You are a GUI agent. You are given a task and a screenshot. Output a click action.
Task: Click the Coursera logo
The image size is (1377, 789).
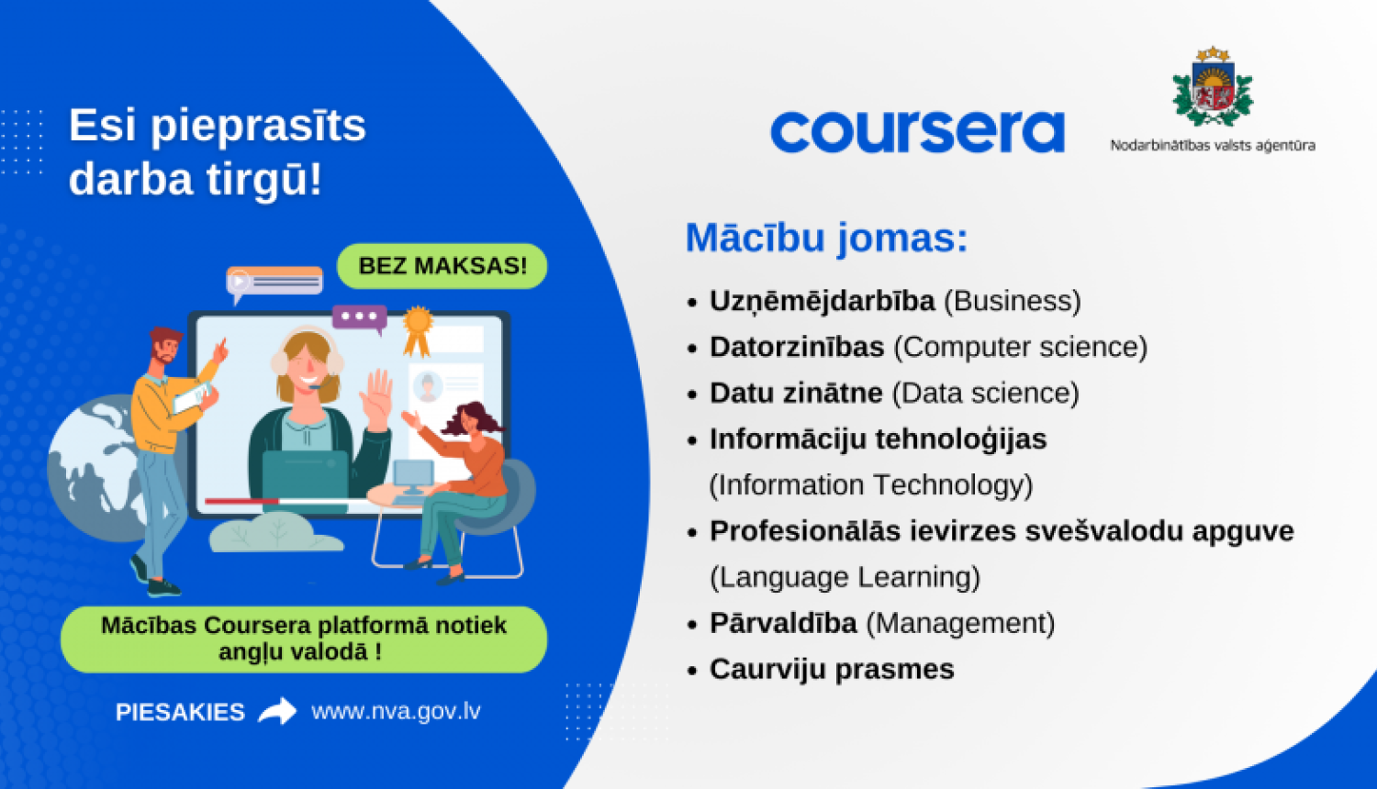917,132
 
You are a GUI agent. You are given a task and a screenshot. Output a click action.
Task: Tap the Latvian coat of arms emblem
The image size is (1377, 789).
1213,87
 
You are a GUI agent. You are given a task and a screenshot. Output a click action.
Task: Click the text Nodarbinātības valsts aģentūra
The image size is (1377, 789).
1213,145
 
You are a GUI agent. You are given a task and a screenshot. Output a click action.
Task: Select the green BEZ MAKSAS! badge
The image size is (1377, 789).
442,266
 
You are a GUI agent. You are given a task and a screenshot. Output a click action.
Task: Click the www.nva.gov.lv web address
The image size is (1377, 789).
396,711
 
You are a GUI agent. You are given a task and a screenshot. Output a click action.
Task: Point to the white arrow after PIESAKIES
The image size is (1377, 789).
277,711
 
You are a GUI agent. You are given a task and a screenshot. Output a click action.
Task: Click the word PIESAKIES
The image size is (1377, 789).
180,712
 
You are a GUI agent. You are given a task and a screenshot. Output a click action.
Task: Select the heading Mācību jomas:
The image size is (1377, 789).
826,238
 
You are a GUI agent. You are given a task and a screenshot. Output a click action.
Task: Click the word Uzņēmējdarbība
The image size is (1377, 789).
822,301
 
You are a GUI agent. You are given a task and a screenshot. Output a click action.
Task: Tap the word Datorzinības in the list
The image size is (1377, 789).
797,347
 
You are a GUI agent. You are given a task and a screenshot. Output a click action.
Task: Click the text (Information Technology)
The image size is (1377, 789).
870,484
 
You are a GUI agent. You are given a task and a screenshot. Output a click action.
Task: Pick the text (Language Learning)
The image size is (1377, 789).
845,577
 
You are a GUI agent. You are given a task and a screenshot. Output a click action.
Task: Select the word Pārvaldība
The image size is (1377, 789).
783,623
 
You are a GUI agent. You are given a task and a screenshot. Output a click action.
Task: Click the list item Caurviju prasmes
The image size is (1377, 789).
832,669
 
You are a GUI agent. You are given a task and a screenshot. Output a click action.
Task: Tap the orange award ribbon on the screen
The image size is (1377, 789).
418,329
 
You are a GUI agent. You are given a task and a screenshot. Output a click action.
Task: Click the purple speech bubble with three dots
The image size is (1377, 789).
359,317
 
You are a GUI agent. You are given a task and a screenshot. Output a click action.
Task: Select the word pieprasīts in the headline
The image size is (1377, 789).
258,127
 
